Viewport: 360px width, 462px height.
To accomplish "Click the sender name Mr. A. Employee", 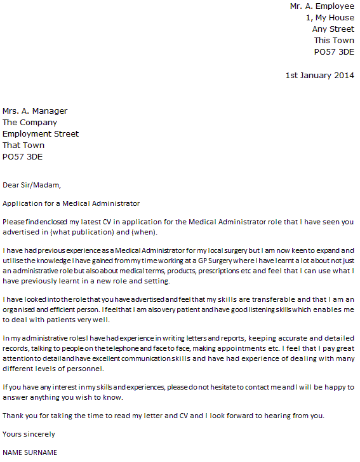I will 322,6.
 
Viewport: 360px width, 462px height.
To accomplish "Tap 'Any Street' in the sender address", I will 333,29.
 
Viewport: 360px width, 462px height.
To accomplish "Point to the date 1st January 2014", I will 319,75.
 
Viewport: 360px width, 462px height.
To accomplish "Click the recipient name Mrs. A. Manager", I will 35,111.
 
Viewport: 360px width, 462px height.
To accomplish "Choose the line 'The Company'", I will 30,122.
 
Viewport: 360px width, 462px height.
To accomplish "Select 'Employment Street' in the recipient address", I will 41,133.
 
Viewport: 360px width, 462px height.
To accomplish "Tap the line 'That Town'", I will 23,145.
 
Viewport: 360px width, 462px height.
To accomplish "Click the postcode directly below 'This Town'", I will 334,51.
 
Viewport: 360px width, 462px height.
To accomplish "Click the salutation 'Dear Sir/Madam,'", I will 32,185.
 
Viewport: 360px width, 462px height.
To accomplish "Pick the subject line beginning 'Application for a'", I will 71,203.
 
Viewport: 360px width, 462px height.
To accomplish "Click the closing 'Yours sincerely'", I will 29,434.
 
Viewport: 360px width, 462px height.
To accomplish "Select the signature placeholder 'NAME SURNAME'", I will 30,452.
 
